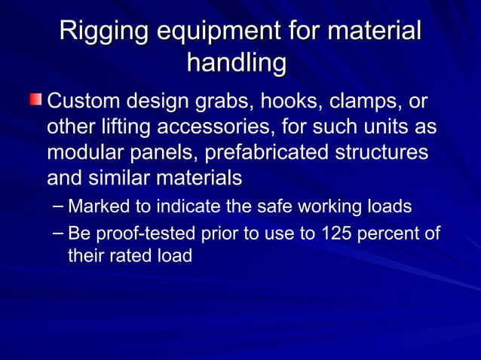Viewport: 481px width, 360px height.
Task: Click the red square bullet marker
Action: coord(35,100)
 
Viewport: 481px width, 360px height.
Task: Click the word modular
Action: coord(84,152)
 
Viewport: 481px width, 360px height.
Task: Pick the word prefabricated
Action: coord(259,152)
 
